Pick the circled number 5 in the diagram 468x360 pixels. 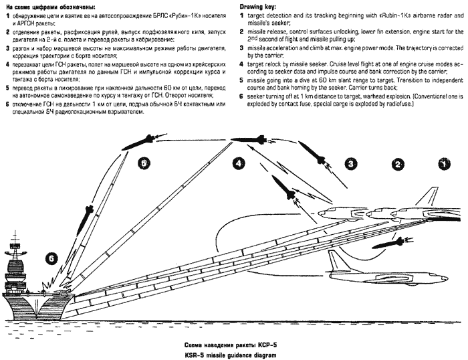(142, 163)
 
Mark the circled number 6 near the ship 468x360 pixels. (51, 256)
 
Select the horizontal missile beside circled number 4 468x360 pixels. (251, 139)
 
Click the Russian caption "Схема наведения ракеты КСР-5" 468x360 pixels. (233, 342)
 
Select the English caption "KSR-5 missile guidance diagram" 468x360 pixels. (233, 353)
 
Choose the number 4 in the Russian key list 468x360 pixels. (7, 65)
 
